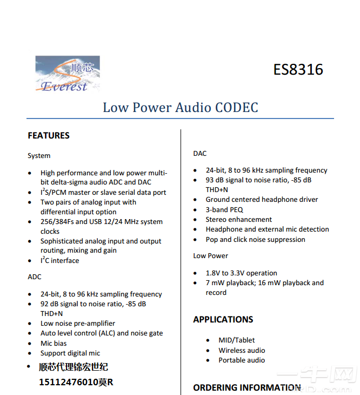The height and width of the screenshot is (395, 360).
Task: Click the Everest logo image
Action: [67, 73]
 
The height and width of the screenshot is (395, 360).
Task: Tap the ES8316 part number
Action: [298, 70]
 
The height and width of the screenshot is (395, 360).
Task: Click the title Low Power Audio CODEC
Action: [180, 107]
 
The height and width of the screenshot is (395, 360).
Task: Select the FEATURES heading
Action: [49, 135]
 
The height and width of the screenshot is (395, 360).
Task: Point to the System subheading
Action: [39, 156]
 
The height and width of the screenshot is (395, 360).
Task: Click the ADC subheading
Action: [35, 277]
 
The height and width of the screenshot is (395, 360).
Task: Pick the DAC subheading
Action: [200, 154]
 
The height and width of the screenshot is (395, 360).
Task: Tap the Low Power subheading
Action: [211, 256]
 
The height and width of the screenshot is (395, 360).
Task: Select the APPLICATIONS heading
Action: [223, 320]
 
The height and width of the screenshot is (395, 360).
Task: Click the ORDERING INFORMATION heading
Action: [247, 387]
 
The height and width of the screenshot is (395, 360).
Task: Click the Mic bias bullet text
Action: [54, 343]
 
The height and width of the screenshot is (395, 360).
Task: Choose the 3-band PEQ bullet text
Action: [224, 210]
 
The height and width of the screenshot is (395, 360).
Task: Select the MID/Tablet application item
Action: [237, 340]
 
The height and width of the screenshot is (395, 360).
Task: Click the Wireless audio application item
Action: [242, 350]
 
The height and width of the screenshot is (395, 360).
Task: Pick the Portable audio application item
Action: [242, 360]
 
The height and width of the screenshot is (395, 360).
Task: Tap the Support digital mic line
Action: [70, 353]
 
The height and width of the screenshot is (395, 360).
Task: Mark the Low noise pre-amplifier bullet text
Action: [78, 324]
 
